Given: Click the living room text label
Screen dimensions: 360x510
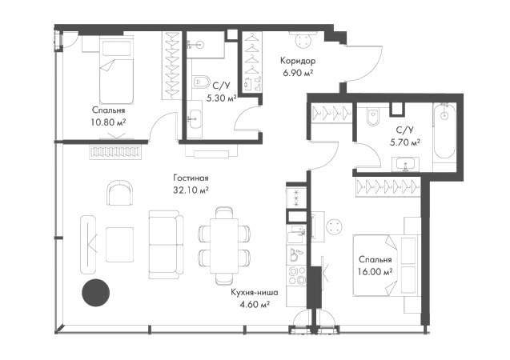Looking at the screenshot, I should (192, 184).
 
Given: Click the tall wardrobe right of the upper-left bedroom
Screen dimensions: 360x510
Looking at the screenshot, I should (171, 68).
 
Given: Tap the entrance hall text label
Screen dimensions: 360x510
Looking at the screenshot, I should (298, 64).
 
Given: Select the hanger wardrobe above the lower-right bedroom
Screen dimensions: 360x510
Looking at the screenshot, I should (387, 186).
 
